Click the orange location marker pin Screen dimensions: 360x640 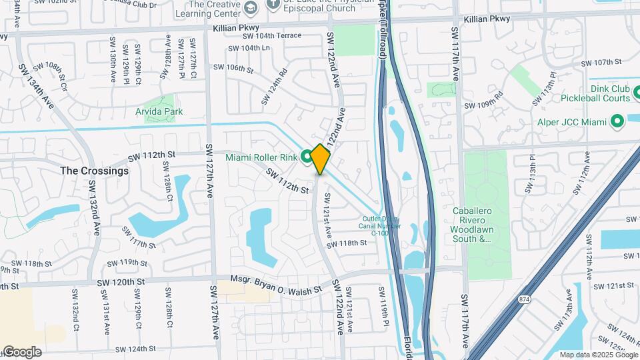321,159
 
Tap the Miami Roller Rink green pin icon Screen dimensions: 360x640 307,157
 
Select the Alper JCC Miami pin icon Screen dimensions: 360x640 617,122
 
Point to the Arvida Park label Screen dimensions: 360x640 159,111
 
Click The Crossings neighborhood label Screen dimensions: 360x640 94,171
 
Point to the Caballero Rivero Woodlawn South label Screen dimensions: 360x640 481,225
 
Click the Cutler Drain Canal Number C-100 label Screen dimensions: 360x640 381,225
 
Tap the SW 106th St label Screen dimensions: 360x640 231,68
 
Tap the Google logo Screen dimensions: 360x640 22,352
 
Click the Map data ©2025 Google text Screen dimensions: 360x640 597,355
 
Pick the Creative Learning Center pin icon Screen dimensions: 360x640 251,8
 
